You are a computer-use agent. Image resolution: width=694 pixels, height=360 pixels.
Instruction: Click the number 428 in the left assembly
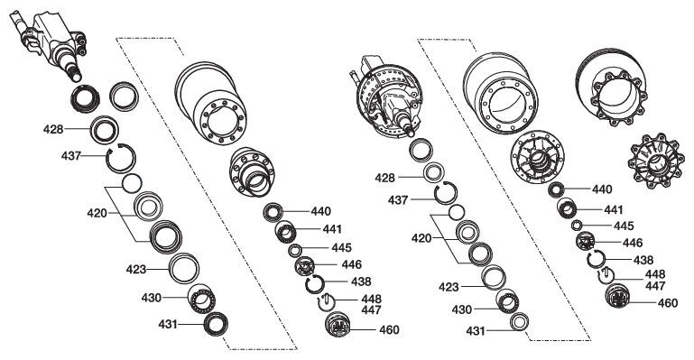(53, 130)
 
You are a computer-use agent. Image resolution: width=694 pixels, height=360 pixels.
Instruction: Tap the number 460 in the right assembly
(668, 303)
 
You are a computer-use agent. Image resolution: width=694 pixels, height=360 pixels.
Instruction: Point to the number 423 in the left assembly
(136, 269)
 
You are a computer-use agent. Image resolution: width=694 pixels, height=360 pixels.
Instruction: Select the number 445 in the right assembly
(624, 226)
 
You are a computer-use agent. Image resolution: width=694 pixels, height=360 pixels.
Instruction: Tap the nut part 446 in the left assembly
(305, 266)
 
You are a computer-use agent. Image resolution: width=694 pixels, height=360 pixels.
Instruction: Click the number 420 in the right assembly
(421, 238)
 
